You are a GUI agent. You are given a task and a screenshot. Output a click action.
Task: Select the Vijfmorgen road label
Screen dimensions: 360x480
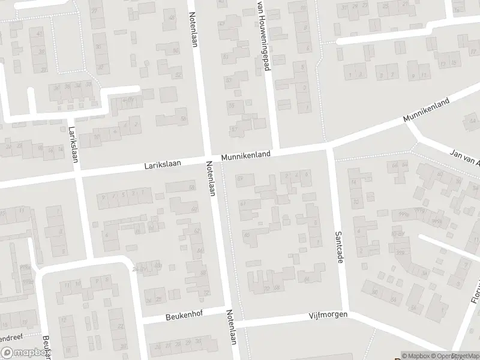click(x=328, y=314)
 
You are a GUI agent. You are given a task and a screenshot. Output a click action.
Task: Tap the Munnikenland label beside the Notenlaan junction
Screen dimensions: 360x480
click(x=245, y=155)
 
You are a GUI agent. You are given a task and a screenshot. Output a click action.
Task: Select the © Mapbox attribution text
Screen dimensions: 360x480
click(x=416, y=356)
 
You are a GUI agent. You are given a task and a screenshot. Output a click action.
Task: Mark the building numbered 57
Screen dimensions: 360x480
click(x=234, y=130)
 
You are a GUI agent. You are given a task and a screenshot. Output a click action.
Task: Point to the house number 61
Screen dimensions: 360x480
click(x=243, y=204)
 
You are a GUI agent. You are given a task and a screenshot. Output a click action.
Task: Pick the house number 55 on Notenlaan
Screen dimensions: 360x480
click(x=231, y=104)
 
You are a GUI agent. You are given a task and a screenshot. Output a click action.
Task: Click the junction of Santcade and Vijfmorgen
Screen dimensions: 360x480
click(x=346, y=311)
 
